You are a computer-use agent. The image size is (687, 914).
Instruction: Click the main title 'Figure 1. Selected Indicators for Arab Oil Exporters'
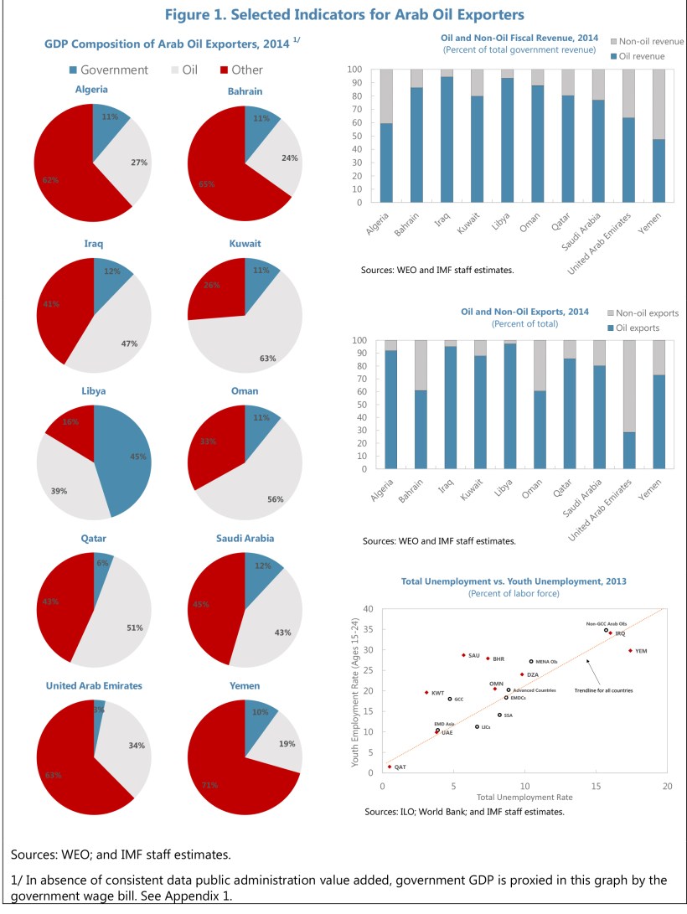(x=343, y=14)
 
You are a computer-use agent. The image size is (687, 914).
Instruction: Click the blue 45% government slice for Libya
(x=126, y=461)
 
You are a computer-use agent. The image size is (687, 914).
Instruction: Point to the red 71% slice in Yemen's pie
(x=226, y=771)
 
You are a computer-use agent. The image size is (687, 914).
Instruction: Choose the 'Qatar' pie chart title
(x=93, y=539)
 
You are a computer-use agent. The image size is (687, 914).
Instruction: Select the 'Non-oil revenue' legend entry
(x=650, y=41)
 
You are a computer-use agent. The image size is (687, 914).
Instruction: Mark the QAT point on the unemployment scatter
(x=390, y=767)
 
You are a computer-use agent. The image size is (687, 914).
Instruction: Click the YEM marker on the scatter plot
(x=630, y=650)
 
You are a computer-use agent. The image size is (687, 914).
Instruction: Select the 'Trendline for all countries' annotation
(x=602, y=690)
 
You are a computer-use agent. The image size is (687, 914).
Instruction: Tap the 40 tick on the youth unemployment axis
(x=368, y=609)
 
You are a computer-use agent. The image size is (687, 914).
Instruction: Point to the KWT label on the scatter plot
(x=437, y=693)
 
